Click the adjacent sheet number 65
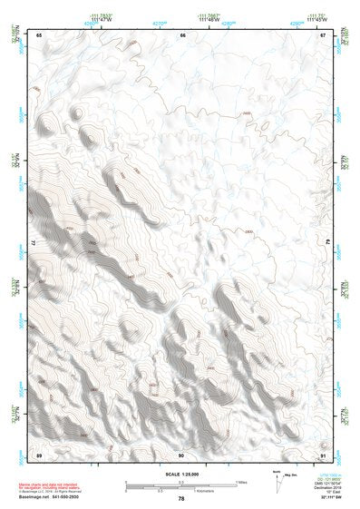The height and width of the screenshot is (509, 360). point(40,34)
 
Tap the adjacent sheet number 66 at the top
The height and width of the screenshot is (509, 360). point(182,34)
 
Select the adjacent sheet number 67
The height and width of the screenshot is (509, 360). point(323,34)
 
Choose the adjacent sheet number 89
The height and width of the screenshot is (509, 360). point(40,453)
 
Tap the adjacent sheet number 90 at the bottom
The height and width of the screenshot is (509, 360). point(181,453)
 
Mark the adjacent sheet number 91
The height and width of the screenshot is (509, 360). point(323,453)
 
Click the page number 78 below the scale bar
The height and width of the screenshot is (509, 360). point(181,498)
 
